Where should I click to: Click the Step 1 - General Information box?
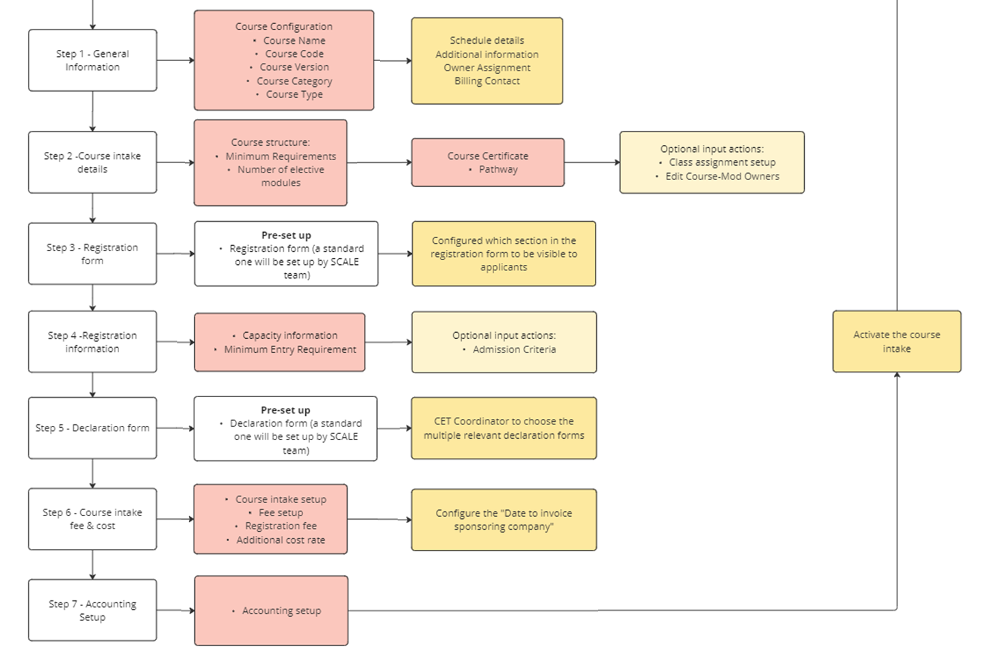(x=92, y=60)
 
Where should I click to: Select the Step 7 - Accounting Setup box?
(x=92, y=610)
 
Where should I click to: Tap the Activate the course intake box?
(x=897, y=342)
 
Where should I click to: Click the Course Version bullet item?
(x=294, y=67)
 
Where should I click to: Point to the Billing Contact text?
(x=487, y=81)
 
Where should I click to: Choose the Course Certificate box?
(x=487, y=162)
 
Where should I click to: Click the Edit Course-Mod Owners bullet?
(x=722, y=176)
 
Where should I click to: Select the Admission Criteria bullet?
(x=514, y=349)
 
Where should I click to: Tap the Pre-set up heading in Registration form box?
(x=286, y=235)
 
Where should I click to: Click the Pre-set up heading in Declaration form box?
(x=285, y=410)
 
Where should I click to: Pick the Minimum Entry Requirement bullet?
(x=290, y=349)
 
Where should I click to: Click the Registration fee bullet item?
(x=281, y=526)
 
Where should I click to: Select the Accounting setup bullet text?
(x=281, y=611)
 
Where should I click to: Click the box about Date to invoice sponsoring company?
(x=504, y=520)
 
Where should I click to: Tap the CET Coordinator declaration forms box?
(x=504, y=428)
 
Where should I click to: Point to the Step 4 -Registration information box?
(x=92, y=342)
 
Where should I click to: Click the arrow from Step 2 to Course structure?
(x=175, y=163)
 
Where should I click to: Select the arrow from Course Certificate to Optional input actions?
(x=592, y=162)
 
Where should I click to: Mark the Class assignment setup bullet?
(x=722, y=162)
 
